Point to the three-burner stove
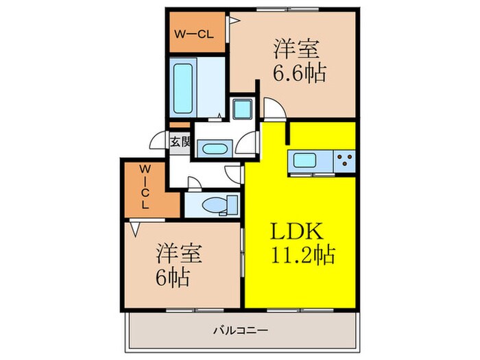point(345,161)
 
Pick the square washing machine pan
point(242,109)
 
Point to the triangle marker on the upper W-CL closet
point(233,21)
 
